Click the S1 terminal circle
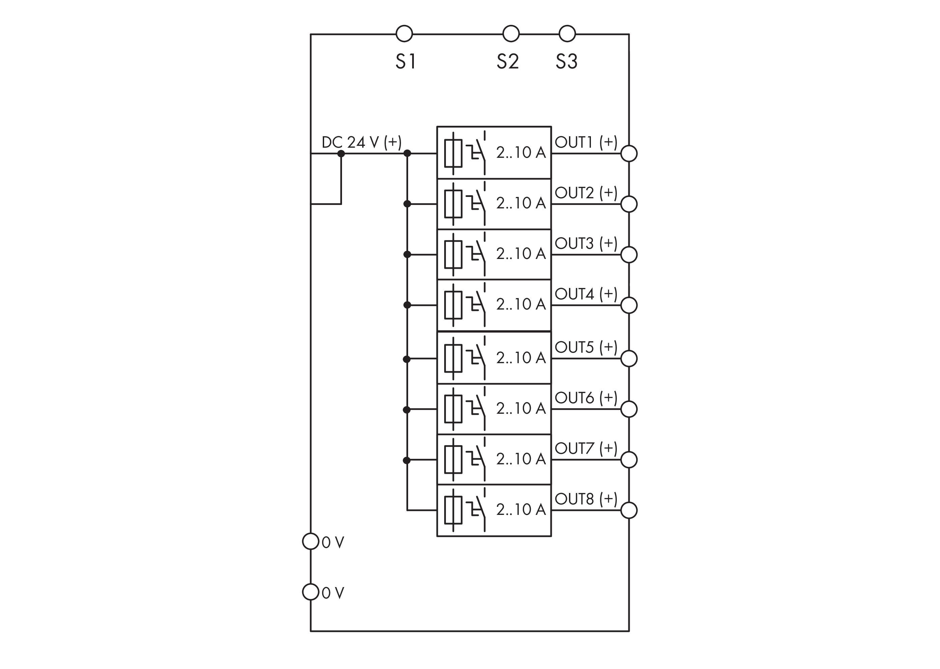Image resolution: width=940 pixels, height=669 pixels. (x=404, y=34)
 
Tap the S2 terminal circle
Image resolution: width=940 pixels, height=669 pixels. (x=511, y=34)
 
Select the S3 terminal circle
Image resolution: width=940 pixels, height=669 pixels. (x=567, y=34)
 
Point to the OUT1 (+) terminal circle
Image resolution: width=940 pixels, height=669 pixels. (x=629, y=154)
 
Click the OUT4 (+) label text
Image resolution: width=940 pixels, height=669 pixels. (x=586, y=294)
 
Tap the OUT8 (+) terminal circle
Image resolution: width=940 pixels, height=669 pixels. (x=629, y=511)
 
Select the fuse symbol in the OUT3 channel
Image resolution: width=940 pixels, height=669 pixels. (x=453, y=255)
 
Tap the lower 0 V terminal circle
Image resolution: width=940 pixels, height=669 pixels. (x=311, y=592)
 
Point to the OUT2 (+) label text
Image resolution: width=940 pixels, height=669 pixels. (x=586, y=193)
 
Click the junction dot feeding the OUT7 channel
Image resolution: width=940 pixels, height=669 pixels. (x=407, y=460)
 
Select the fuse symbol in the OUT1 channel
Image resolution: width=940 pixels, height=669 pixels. (x=453, y=154)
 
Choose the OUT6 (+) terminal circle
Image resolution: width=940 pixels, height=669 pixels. (x=629, y=409)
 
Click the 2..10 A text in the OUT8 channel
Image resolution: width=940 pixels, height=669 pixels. (x=521, y=510)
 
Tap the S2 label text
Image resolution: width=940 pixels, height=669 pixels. (x=508, y=62)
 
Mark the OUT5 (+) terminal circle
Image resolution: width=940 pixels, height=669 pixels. (x=629, y=358)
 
